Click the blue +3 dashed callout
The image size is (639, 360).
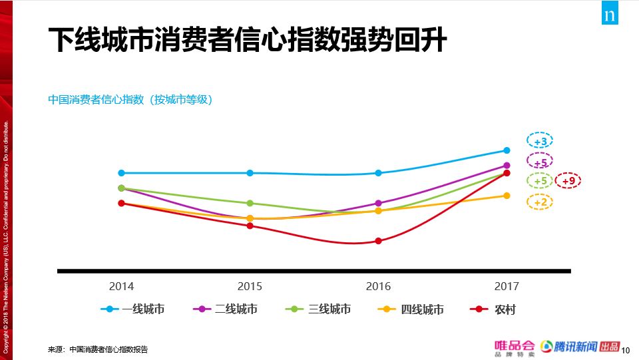(x=540, y=141)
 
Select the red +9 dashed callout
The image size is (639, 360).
(x=568, y=180)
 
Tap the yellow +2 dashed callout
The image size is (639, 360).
(x=540, y=202)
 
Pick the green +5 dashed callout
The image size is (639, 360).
(x=540, y=180)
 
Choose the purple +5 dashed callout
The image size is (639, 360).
(x=540, y=161)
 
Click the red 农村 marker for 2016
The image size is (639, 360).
(x=378, y=241)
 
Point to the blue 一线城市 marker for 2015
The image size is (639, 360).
(x=250, y=173)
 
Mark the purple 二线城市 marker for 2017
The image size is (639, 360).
(x=507, y=166)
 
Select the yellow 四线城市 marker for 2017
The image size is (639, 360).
(x=507, y=196)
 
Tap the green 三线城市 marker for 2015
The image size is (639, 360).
(x=250, y=203)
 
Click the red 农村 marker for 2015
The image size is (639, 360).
(x=250, y=226)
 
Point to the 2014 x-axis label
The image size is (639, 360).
(x=121, y=286)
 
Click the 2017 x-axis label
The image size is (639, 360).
(x=507, y=286)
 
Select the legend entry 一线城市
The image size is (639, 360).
(x=133, y=309)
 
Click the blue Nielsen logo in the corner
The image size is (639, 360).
(x=610, y=15)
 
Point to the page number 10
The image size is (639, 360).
(x=625, y=349)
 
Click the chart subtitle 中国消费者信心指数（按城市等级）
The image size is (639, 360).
(x=130, y=100)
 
